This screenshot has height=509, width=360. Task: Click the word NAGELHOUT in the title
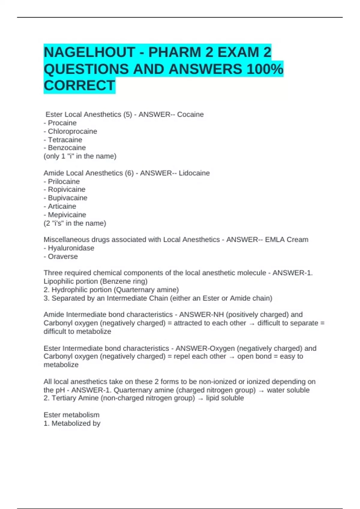(89, 52)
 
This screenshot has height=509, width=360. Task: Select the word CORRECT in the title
(79, 86)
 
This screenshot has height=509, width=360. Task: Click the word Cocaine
(190, 114)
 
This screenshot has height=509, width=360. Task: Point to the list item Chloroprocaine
(72, 131)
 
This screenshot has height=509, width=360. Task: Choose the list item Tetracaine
(65, 140)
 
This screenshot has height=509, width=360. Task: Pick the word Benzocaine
(67, 148)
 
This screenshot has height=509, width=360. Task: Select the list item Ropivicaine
(66, 190)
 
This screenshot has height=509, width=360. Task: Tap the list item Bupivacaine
(67, 198)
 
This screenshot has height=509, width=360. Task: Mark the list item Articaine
(62, 206)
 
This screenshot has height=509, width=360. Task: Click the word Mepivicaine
(67, 215)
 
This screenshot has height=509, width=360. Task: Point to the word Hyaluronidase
(71, 248)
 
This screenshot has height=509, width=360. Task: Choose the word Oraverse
(63, 256)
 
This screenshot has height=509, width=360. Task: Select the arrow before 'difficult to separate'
(252, 324)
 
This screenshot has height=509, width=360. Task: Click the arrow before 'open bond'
(232, 357)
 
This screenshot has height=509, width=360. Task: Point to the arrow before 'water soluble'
(261, 391)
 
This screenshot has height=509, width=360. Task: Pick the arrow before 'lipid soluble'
(200, 399)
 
